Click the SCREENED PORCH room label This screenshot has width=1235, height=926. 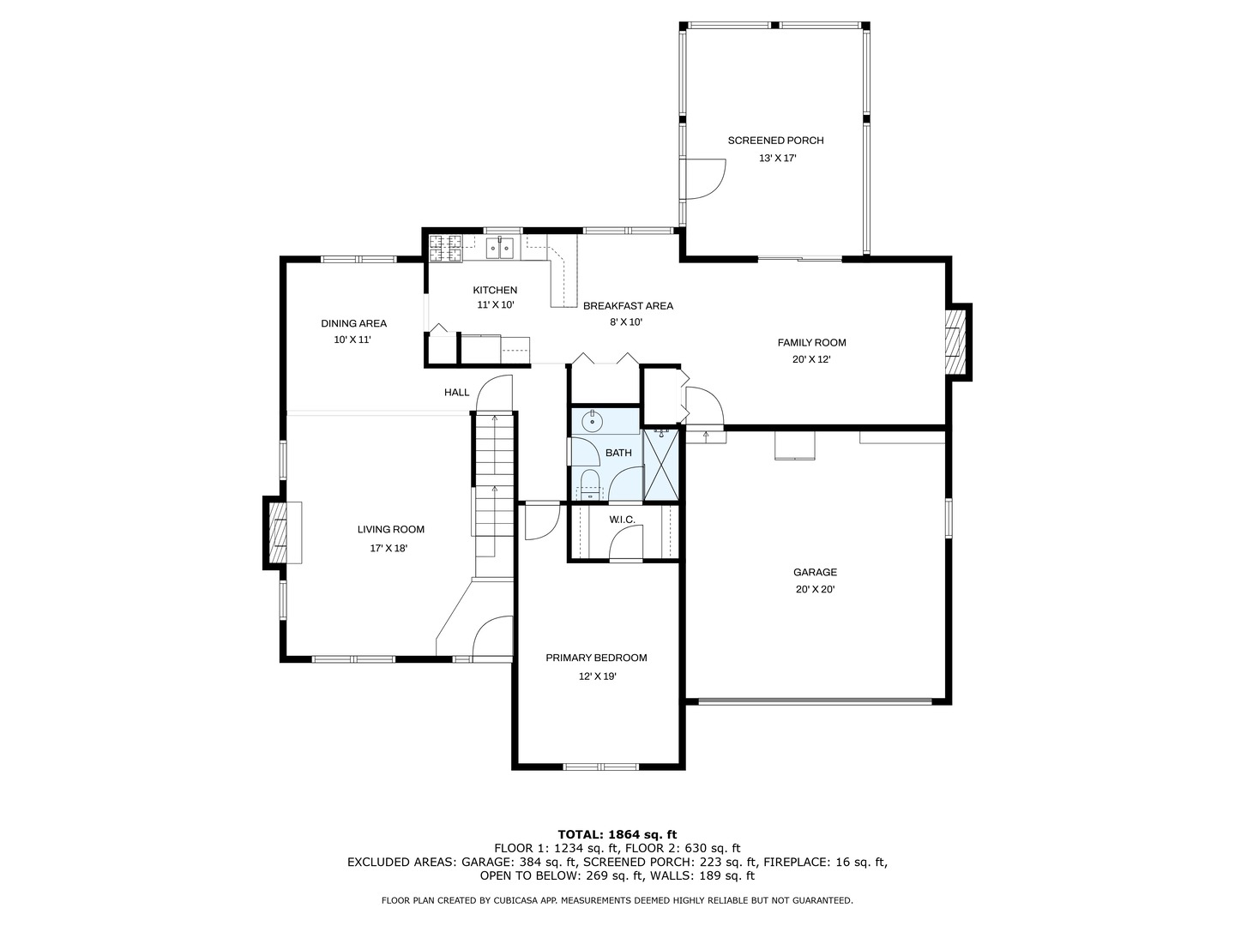pyautogui.click(x=775, y=141)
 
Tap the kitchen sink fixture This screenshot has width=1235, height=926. pyautogui.click(x=500, y=248)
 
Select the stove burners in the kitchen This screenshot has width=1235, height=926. pyautogui.click(x=445, y=249)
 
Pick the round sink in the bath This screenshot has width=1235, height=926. pyautogui.click(x=593, y=420)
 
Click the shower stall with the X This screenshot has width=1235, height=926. pyautogui.click(x=660, y=465)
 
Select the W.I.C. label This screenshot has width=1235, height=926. pyautogui.click(x=622, y=520)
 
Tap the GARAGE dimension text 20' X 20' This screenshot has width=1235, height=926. pyautogui.click(x=815, y=590)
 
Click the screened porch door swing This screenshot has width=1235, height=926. pyautogui.click(x=702, y=179)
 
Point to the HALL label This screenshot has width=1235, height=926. pyautogui.click(x=456, y=393)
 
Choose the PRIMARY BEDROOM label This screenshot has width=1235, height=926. pyautogui.click(x=596, y=658)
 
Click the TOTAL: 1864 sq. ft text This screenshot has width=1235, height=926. pyautogui.click(x=617, y=834)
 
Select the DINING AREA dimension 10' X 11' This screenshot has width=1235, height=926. pyautogui.click(x=352, y=340)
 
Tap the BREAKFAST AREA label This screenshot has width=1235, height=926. pyautogui.click(x=628, y=306)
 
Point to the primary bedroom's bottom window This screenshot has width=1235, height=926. pyautogui.click(x=600, y=767)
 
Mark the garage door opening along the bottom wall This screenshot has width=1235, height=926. pyautogui.click(x=816, y=701)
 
